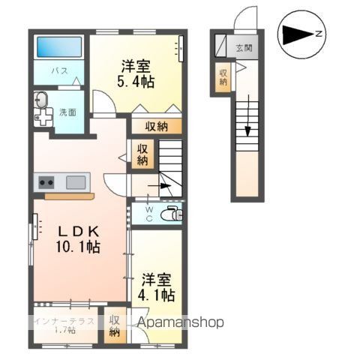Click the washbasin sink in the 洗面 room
click(x=41, y=100)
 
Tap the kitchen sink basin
click(x=75, y=181)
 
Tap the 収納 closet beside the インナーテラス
click(x=115, y=325)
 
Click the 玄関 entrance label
click(x=244, y=47)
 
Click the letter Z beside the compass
click(x=319, y=34)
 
